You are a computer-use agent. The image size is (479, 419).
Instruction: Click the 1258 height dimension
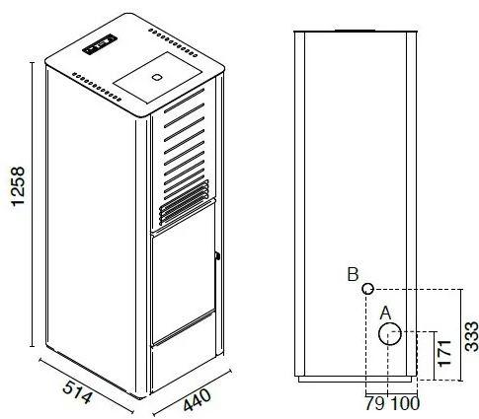pyautogui.click(x=18, y=186)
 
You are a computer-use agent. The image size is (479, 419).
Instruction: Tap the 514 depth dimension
pyautogui.click(x=77, y=391)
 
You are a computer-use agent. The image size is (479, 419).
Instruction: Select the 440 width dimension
pyautogui.click(x=197, y=399)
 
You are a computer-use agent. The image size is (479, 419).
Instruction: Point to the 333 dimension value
pyautogui.click(x=472, y=336)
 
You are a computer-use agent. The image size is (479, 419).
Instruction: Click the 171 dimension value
pyautogui.click(x=444, y=353)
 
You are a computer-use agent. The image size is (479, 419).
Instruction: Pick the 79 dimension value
pyautogui.click(x=375, y=403)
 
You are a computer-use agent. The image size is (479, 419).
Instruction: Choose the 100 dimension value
pyautogui.click(x=405, y=403)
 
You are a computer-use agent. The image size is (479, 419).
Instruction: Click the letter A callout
pyautogui.click(x=385, y=313)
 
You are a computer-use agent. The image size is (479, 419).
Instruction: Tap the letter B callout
pyautogui.click(x=353, y=274)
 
